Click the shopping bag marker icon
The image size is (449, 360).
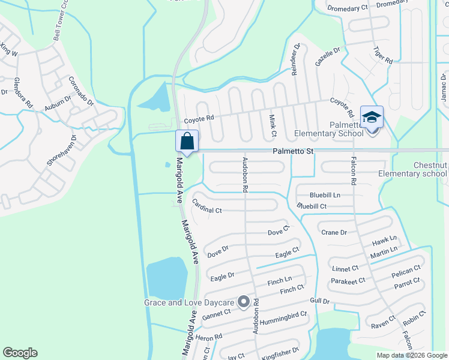[x=187, y=142]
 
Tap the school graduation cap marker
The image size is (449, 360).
[x=372, y=117]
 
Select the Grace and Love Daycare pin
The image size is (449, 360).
[x=243, y=302]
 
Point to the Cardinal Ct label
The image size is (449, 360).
[x=207, y=210]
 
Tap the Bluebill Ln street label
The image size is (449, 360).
[x=325, y=195]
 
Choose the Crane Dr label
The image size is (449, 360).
[x=334, y=232]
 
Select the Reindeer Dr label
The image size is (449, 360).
[x=295, y=59]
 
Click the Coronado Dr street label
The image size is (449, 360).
[x=82, y=91]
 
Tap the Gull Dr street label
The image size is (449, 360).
[x=320, y=301]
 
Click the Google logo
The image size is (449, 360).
[x=20, y=353]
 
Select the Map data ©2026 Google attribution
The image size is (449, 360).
[x=412, y=355]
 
